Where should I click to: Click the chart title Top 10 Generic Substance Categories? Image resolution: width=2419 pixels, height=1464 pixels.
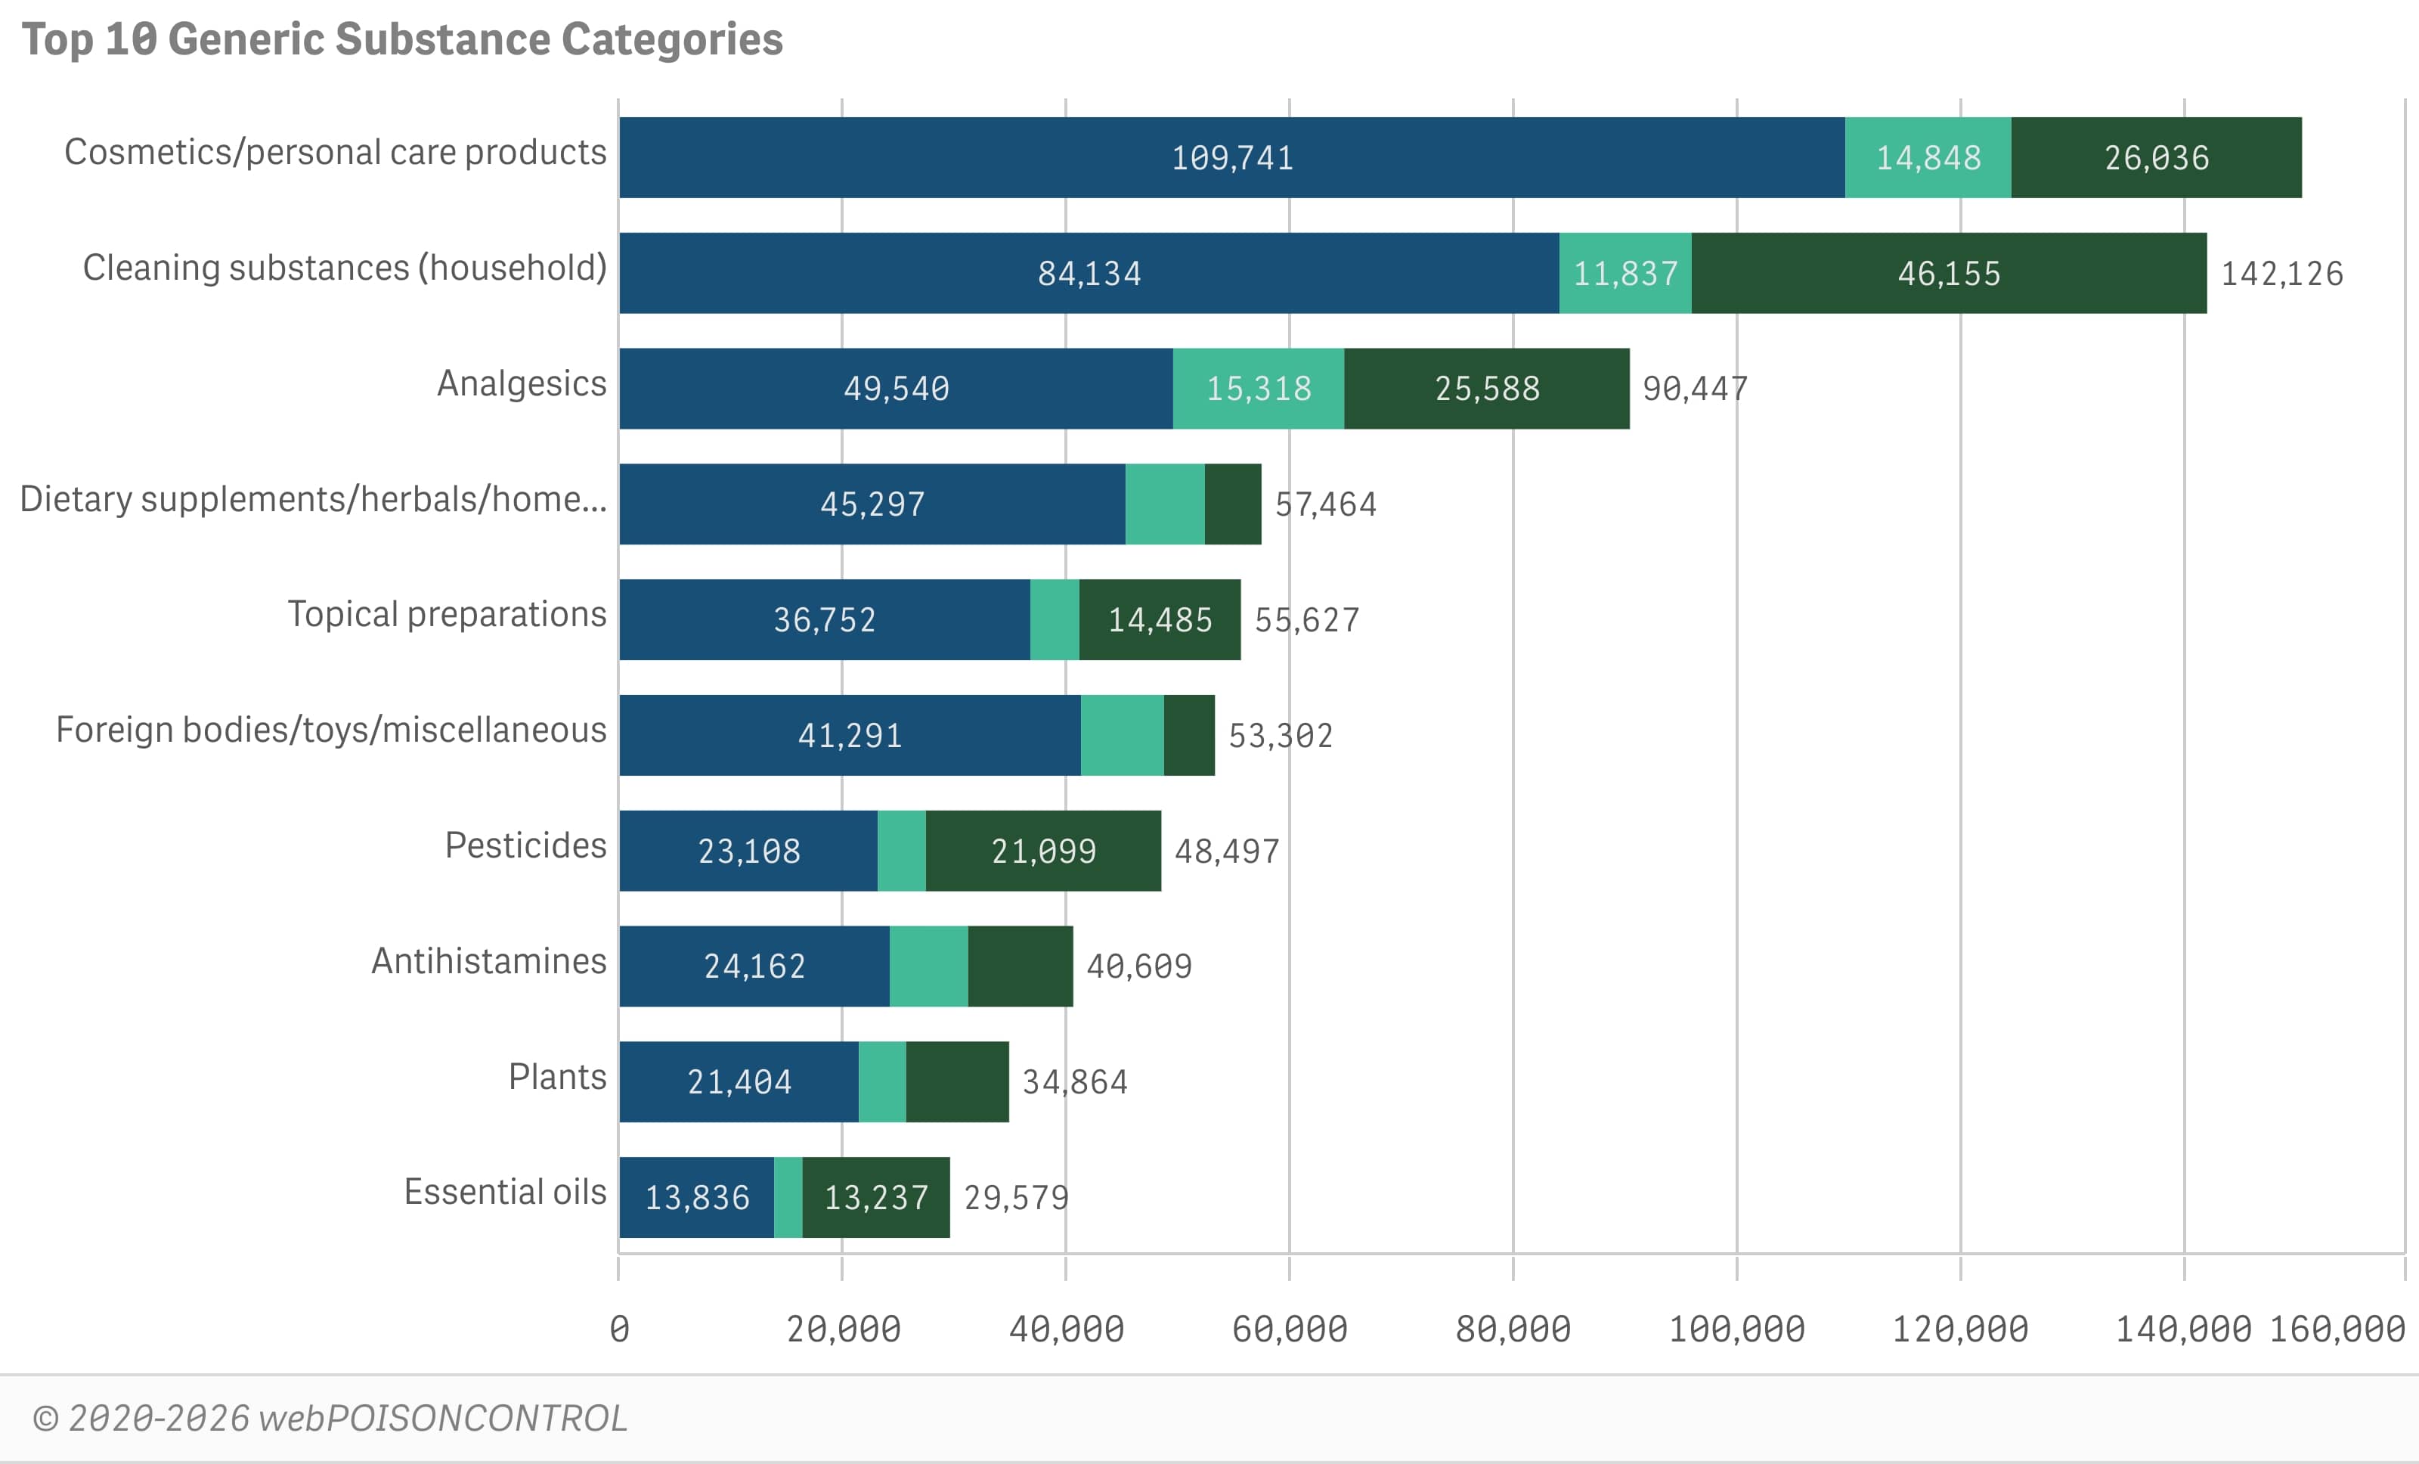pyautogui.click(x=402, y=40)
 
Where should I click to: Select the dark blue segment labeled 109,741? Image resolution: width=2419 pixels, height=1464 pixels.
pyautogui.click(x=1231, y=157)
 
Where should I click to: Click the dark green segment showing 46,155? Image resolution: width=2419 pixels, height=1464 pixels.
pyautogui.click(x=1948, y=273)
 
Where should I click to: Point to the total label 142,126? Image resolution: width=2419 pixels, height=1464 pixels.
pyautogui.click(x=2281, y=274)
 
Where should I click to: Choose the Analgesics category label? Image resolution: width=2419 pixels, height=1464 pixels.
pyautogui.click(x=522, y=383)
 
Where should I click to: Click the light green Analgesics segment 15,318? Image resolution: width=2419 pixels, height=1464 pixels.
pyautogui.click(x=1258, y=389)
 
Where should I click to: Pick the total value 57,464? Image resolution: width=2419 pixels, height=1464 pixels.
pyautogui.click(x=1325, y=504)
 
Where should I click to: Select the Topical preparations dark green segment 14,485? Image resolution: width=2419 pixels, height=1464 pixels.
pyautogui.click(x=1160, y=619)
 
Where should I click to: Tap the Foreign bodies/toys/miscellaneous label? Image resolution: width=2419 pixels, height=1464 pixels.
pyautogui.click(x=331, y=730)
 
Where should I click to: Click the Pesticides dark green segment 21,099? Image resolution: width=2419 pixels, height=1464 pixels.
pyautogui.click(x=1042, y=850)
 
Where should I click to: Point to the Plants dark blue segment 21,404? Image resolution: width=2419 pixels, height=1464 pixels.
pyautogui.click(x=739, y=1081)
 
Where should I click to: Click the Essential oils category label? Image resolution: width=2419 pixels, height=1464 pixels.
pyautogui.click(x=505, y=1191)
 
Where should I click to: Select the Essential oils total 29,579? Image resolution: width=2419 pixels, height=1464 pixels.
pyautogui.click(x=1015, y=1198)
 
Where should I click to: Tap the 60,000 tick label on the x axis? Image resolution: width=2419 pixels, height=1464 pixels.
pyautogui.click(x=1289, y=1329)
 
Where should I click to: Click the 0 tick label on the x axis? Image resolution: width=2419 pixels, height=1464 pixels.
pyautogui.click(x=618, y=1329)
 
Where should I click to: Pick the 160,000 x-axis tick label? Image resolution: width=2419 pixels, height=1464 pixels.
pyautogui.click(x=2337, y=1329)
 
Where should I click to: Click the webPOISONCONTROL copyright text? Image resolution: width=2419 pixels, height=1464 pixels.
pyautogui.click(x=330, y=1419)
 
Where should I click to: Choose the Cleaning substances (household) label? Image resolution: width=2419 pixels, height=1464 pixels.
pyautogui.click(x=345, y=267)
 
